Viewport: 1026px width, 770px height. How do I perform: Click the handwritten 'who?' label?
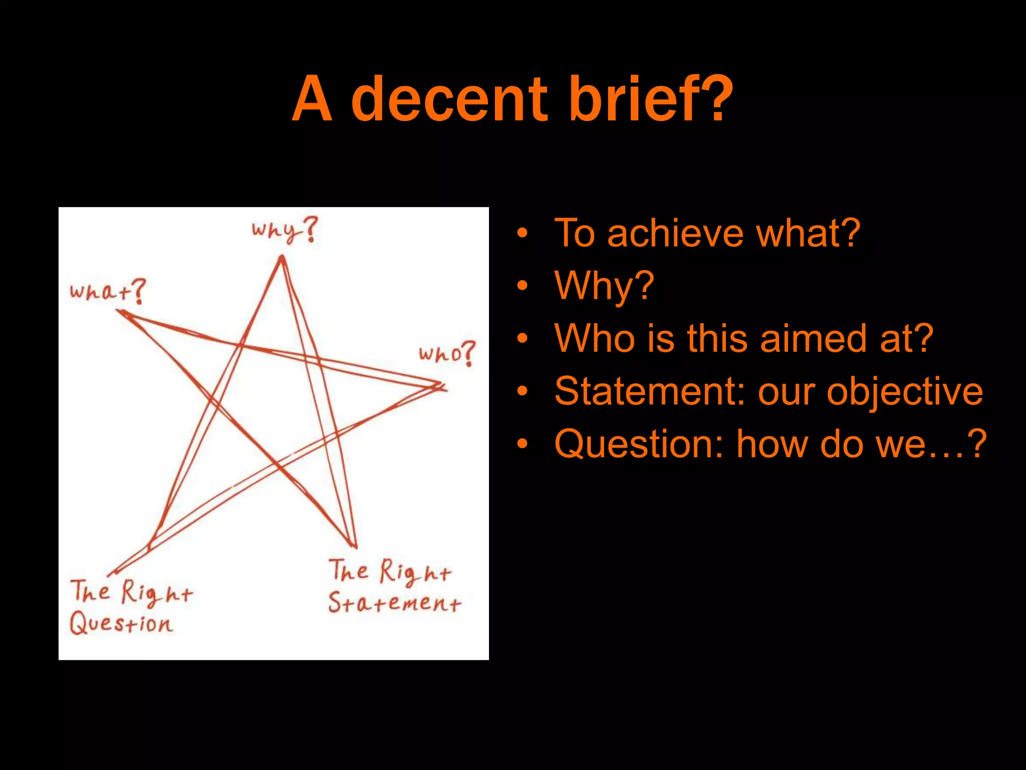[x=446, y=353]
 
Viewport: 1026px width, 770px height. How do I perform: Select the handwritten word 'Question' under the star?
[x=121, y=624]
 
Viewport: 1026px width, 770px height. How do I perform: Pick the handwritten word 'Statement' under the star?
[x=394, y=602]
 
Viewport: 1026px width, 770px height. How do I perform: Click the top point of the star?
[x=282, y=258]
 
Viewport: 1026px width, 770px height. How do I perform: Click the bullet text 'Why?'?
[x=604, y=286]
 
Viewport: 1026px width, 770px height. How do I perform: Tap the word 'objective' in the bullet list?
[x=904, y=392]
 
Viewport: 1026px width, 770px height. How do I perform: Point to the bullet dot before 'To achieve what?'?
[x=523, y=234]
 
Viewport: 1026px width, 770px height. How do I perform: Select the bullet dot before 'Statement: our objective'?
[x=523, y=392]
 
